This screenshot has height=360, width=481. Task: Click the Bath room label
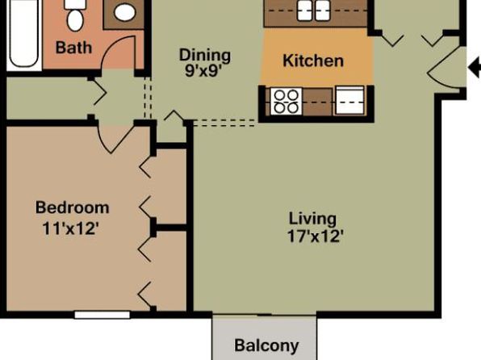pyautogui.click(x=73, y=48)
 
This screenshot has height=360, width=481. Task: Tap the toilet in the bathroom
pyautogui.click(x=75, y=15)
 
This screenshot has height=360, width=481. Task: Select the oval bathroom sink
pyautogui.click(x=124, y=12)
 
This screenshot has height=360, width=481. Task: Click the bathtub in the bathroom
pyautogui.click(x=24, y=33)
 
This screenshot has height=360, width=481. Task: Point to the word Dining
pyautogui.click(x=205, y=55)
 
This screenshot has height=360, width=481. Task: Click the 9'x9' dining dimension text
pyautogui.click(x=203, y=70)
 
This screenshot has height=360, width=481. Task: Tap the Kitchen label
pyautogui.click(x=313, y=61)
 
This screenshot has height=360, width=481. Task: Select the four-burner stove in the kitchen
pyautogui.click(x=286, y=101)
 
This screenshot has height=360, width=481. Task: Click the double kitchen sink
pyautogui.click(x=313, y=10)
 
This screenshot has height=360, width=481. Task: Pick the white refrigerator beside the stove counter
pyautogui.click(x=350, y=100)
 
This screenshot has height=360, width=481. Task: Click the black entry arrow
pyautogui.click(x=475, y=67)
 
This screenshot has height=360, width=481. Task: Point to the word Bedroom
pyautogui.click(x=73, y=207)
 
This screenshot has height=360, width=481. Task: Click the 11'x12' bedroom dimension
pyautogui.click(x=70, y=228)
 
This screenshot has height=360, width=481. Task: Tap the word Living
pyautogui.click(x=312, y=219)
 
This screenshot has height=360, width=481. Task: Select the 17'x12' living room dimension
pyautogui.click(x=315, y=237)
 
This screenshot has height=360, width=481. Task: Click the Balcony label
pyautogui.click(x=266, y=345)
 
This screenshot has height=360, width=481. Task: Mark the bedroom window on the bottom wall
pyautogui.click(x=102, y=315)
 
